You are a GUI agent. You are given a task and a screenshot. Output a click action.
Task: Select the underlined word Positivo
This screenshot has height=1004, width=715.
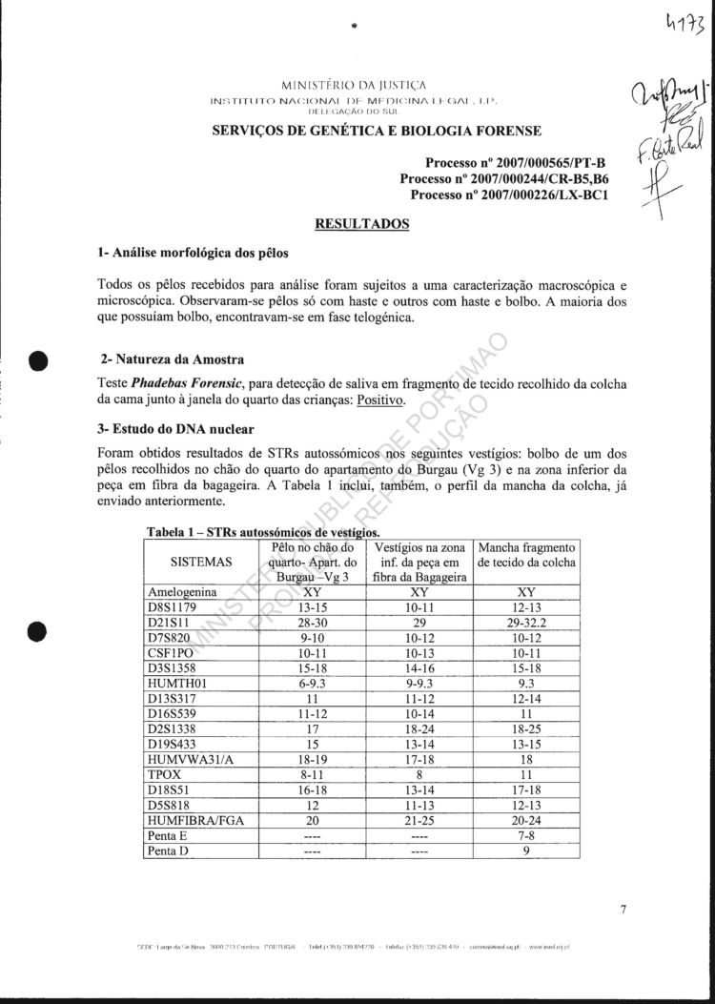[x=380, y=400]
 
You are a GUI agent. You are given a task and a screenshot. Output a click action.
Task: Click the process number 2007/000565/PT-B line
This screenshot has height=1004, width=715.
[x=516, y=162]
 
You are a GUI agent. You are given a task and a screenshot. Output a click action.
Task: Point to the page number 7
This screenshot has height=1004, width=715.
[x=623, y=909]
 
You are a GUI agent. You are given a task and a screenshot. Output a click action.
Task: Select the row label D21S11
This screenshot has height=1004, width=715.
[x=169, y=621]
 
